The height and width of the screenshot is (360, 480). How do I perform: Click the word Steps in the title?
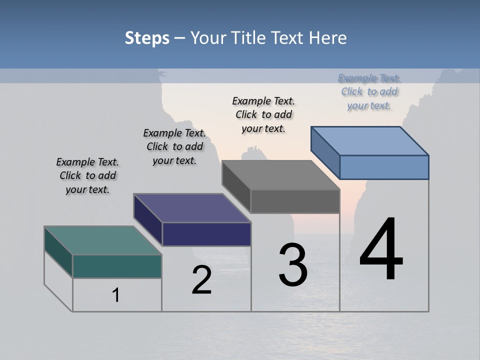pos(147,38)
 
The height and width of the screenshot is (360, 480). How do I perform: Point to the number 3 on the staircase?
pos(293,265)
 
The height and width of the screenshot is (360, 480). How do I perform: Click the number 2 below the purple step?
pos(201,280)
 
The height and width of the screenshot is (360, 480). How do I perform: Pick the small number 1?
pos(116,295)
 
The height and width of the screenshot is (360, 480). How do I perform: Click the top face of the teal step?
pos(103,240)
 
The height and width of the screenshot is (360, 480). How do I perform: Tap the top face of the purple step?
pos(192,208)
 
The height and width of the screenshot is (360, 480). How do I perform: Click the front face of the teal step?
pos(117,266)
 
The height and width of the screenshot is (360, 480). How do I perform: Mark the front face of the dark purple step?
pos(206,234)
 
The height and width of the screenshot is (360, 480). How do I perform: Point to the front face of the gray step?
pos(295,201)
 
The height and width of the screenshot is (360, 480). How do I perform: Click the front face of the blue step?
pos(384,167)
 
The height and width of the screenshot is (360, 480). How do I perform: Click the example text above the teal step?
pos(87,175)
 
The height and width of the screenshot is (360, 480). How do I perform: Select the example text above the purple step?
pos(174,146)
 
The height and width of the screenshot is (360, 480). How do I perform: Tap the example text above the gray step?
pos(263,114)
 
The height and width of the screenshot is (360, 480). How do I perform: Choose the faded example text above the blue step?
pos(369,91)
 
